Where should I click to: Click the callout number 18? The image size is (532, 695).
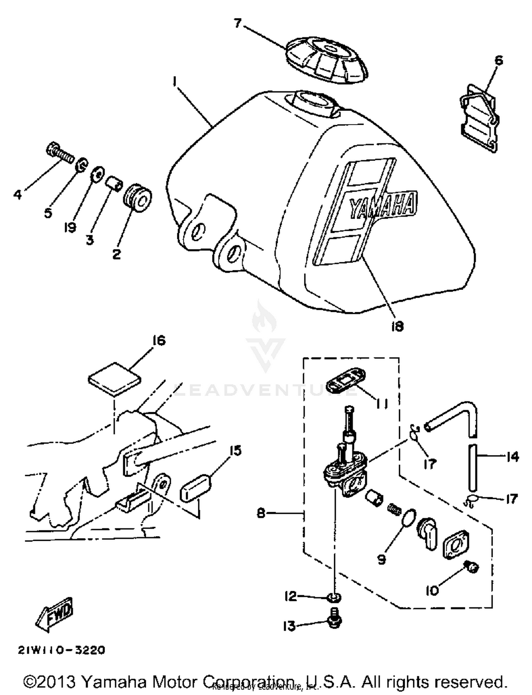[397, 326]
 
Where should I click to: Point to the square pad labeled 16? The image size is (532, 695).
[114, 379]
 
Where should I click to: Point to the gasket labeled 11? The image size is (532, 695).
[345, 381]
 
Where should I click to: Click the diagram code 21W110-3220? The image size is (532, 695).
[62, 650]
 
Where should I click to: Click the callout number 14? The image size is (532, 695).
[512, 456]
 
